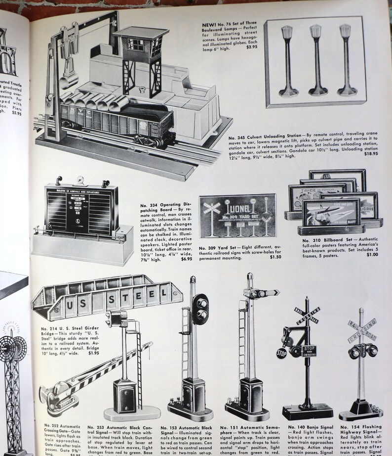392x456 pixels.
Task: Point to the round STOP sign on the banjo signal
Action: pyautogui.click(x=281, y=353)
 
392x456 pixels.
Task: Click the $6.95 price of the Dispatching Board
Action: pyautogui.click(x=186, y=259)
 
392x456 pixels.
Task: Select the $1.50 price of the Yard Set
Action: pyautogui.click(x=275, y=257)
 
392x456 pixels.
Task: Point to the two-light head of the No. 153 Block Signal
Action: pyautogui.click(x=200, y=309)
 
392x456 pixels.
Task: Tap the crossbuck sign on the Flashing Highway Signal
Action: pyautogui.click(x=361, y=329)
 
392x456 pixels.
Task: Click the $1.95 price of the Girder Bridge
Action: pyautogui.click(x=93, y=353)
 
